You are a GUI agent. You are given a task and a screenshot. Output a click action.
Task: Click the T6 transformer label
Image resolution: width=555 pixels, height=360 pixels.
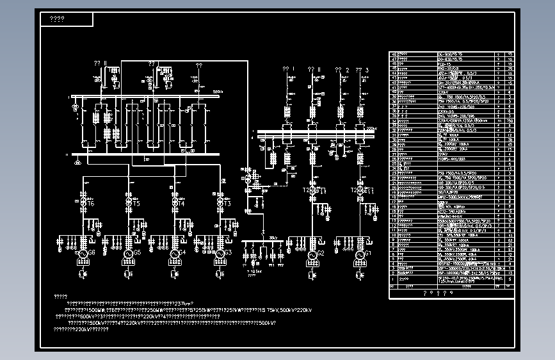(91, 203)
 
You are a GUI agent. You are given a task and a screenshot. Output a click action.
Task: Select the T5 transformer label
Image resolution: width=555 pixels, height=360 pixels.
(136, 203)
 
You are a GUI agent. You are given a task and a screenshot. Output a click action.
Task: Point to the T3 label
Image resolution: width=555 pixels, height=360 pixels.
(227, 203)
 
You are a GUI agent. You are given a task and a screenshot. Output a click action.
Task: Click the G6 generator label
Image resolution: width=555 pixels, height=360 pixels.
(92, 253)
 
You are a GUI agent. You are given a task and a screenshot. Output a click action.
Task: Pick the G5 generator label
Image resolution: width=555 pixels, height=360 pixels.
(137, 253)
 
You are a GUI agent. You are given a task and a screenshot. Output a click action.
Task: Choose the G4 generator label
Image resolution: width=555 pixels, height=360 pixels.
(182, 253)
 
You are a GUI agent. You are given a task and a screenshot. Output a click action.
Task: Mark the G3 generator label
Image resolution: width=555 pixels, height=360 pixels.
(228, 253)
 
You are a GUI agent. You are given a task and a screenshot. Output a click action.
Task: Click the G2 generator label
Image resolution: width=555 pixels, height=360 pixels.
(321, 253)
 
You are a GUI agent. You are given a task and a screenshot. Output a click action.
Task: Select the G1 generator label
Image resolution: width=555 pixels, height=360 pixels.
(367, 253)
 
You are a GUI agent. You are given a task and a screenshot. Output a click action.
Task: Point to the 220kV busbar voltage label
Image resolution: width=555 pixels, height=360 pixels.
(369, 128)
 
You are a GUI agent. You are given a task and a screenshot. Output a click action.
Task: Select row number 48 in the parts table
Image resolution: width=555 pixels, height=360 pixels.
(393, 54)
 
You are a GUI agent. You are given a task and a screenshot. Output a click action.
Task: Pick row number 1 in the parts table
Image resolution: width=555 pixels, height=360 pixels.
(393, 280)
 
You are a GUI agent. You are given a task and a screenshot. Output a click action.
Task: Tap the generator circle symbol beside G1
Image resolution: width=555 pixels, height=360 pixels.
(357, 255)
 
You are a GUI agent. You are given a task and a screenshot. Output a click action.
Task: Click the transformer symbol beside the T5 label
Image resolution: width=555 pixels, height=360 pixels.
(129, 202)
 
